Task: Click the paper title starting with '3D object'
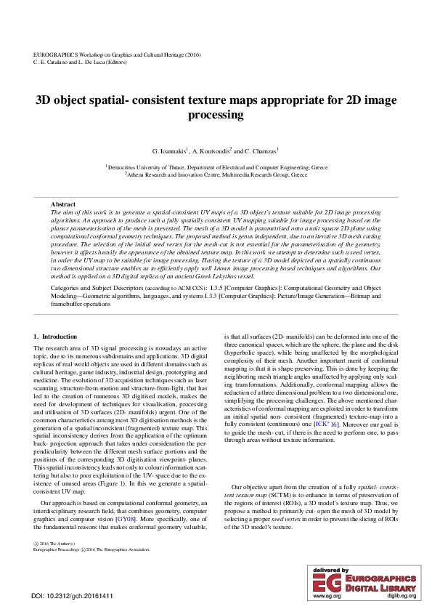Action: [216, 108]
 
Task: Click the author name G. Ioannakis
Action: [170, 151]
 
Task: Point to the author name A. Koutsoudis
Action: [213, 151]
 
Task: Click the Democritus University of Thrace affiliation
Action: [216, 167]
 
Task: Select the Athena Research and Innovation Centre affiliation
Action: [216, 175]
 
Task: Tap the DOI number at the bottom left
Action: [72, 596]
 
